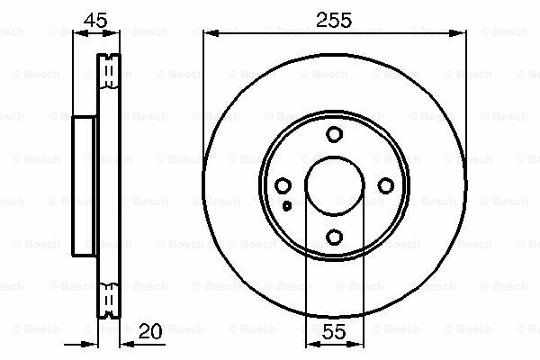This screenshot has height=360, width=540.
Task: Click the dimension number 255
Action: [334, 20]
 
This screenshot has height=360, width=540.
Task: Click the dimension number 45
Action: [95, 21]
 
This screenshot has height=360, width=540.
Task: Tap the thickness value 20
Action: [149, 331]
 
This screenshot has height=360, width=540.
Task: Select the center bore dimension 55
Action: [335, 331]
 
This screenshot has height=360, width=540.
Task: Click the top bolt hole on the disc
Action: [334, 134]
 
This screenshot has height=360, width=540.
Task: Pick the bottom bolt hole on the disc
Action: [334, 237]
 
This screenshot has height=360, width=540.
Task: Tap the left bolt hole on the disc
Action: [283, 185]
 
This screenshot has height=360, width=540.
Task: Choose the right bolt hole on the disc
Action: [386, 185]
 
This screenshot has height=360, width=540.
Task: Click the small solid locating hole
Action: [287, 206]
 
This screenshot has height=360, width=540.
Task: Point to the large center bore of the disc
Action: [335, 157]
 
